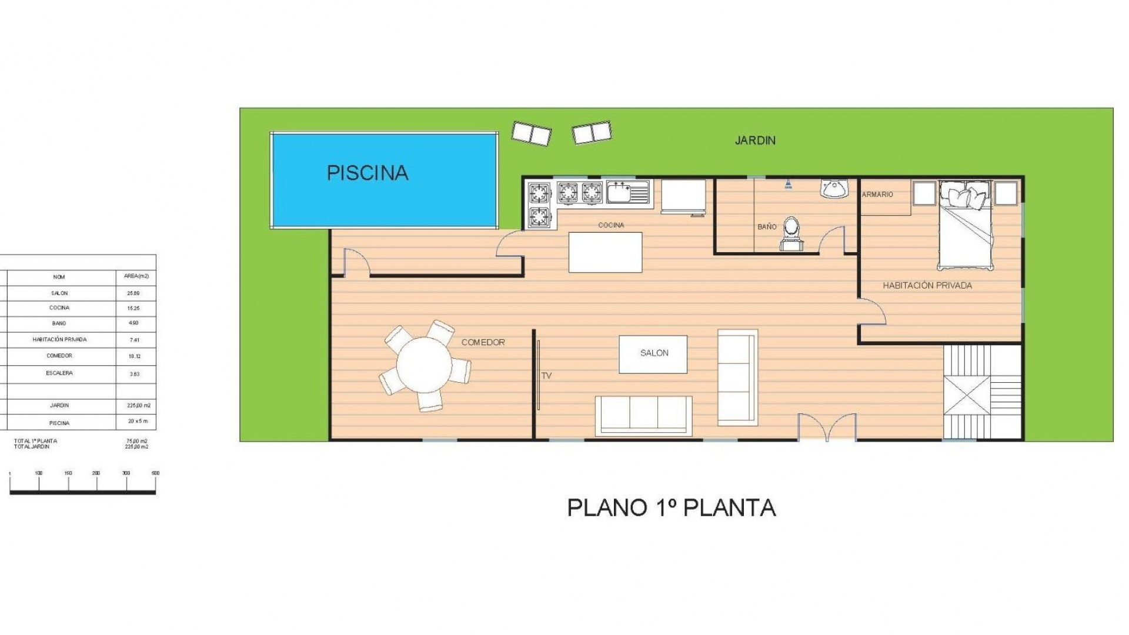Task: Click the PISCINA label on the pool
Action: tap(368, 173)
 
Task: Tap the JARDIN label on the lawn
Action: tap(755, 141)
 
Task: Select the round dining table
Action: tap(424, 365)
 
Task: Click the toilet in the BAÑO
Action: tap(791, 232)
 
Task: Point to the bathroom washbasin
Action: tap(834, 188)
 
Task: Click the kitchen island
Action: tap(605, 252)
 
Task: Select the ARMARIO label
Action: tap(877, 195)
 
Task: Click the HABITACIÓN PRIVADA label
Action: tap(927, 286)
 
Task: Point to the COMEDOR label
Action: tap(483, 342)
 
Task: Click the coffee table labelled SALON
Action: tap(653, 353)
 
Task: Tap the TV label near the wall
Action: tap(546, 376)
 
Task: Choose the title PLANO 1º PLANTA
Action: tap(671, 508)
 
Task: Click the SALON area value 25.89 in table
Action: tap(133, 293)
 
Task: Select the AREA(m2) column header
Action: tap(136, 276)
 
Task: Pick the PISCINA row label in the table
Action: tap(59, 423)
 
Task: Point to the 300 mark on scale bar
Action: tap(126, 473)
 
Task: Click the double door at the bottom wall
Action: tap(827, 428)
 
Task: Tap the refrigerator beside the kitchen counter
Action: tap(683, 195)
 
